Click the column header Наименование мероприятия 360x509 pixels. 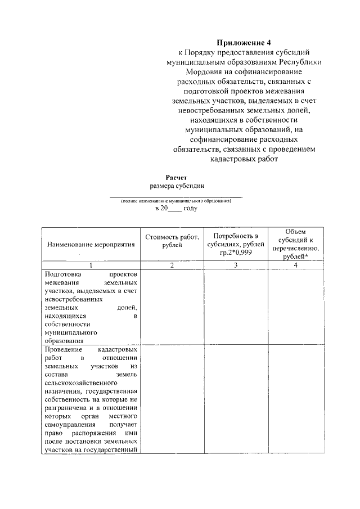91,245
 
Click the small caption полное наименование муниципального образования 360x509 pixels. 176,201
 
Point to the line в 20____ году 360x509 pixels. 176,208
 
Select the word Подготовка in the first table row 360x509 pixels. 60,273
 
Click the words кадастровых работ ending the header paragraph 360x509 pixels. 244,159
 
